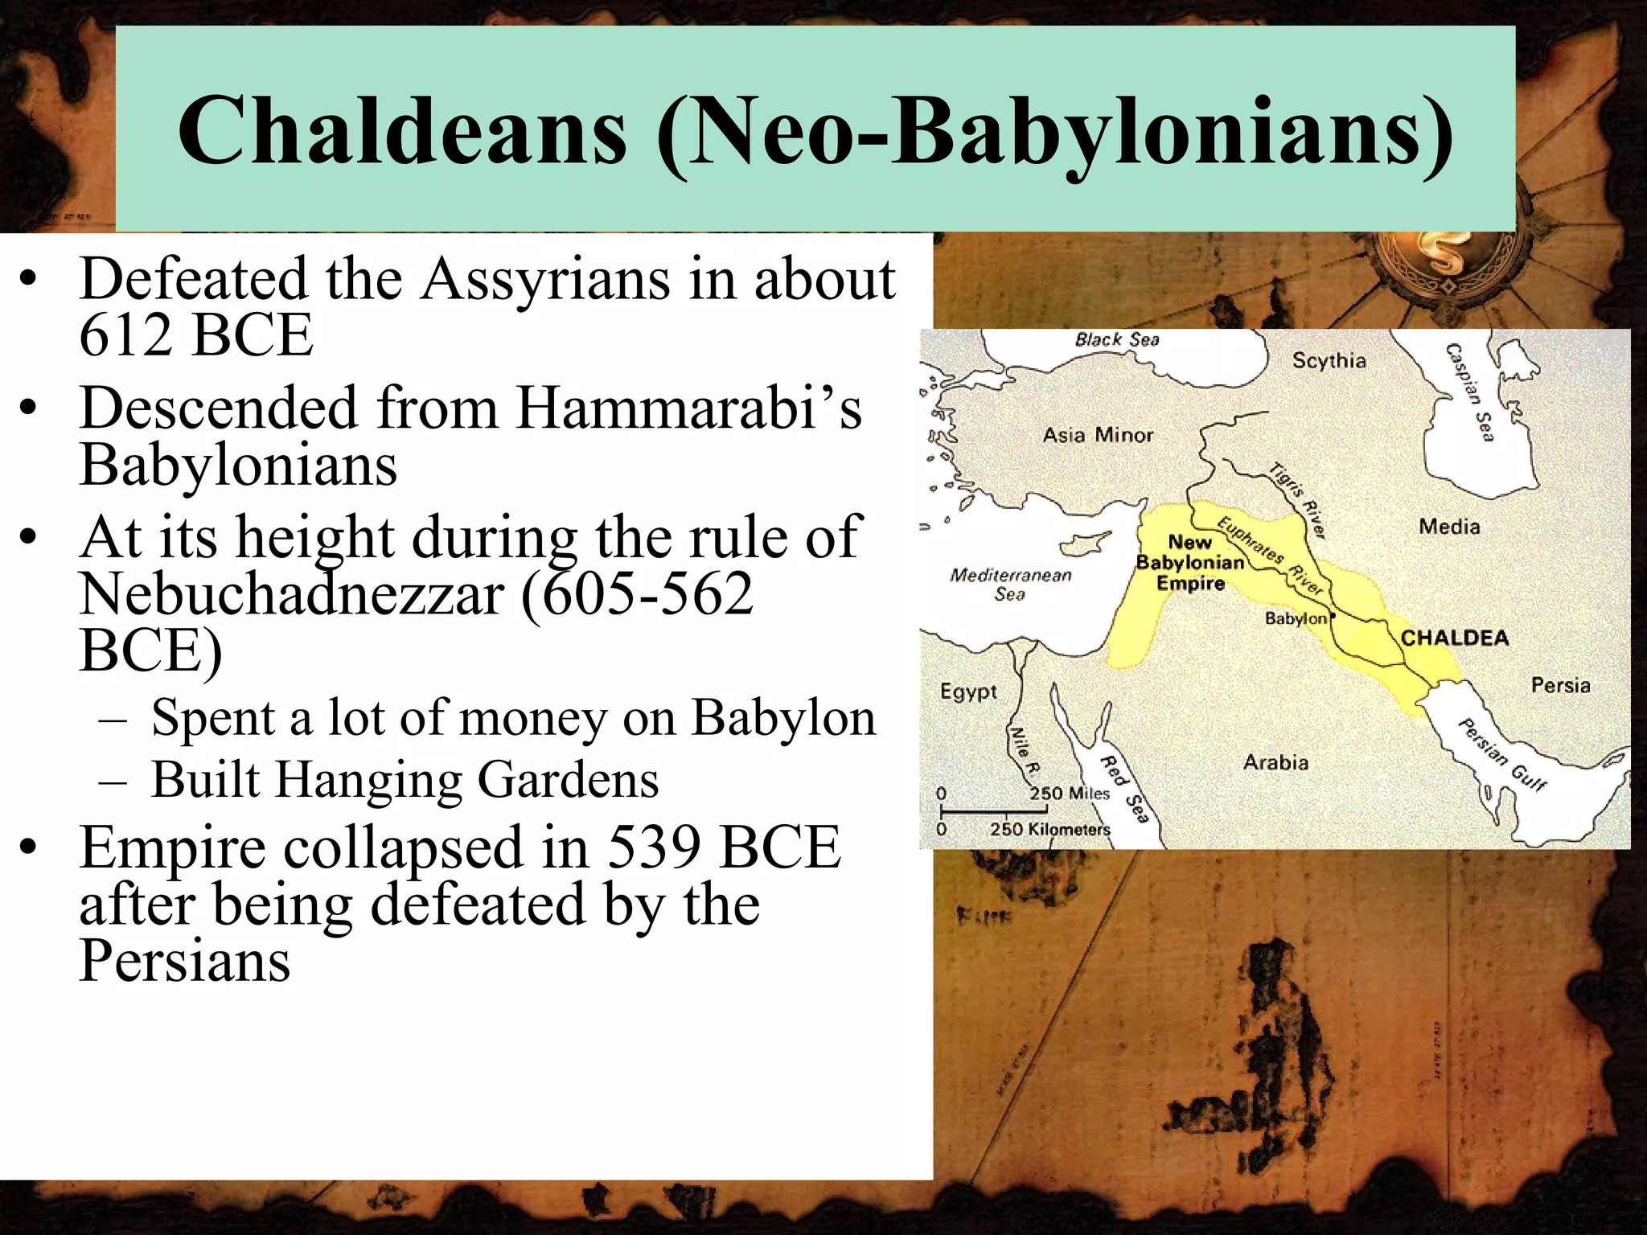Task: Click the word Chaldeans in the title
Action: (x=401, y=130)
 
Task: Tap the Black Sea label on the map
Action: (x=1117, y=339)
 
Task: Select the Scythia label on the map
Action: (x=1329, y=360)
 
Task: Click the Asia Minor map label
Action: (x=1098, y=435)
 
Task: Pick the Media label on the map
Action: (x=1449, y=527)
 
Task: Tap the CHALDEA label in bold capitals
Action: (x=1454, y=638)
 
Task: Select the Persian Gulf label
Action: (x=1501, y=754)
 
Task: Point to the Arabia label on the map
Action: (x=1275, y=762)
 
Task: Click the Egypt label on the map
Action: (x=968, y=691)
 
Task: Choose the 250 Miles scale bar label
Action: (x=1069, y=794)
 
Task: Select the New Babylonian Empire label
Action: (x=1189, y=563)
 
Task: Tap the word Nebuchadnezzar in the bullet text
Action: (x=292, y=594)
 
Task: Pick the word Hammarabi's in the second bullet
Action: (x=688, y=408)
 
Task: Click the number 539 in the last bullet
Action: (x=652, y=847)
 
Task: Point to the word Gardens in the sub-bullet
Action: (x=568, y=779)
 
